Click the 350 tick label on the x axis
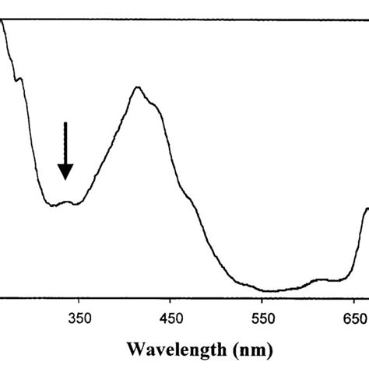79,317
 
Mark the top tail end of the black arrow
66,122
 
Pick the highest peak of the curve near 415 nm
138,87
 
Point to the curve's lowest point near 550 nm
269,291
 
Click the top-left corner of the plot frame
1,18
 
